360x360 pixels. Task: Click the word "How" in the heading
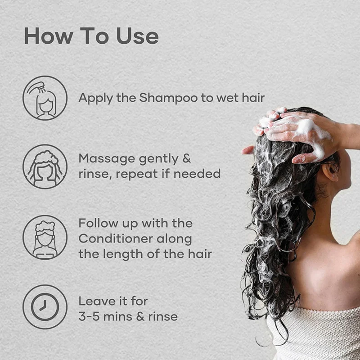tap(49, 36)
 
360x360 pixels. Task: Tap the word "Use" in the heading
tap(138, 36)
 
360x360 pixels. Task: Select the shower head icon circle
tap(45, 98)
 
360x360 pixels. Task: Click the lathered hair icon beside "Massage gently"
tap(45, 166)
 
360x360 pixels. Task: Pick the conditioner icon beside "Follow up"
tap(45, 238)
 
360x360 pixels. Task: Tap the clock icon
tap(45, 307)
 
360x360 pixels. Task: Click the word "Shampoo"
tap(168, 98)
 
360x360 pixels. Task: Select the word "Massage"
tap(107, 159)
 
